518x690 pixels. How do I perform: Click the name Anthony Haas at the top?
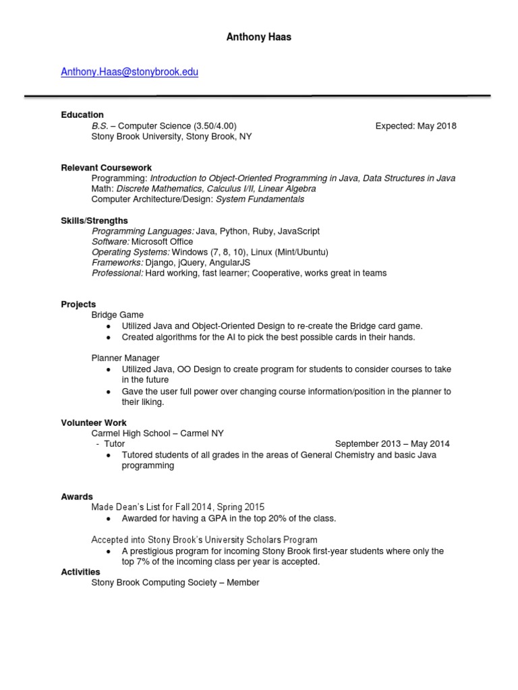click(259, 37)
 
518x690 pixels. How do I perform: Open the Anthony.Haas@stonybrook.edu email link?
click(129, 71)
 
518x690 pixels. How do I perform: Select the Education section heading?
click(82, 115)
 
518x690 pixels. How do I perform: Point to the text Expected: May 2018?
click(415, 125)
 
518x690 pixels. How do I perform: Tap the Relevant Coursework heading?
click(106, 167)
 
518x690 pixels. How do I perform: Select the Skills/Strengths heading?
click(94, 220)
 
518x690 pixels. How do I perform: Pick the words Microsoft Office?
click(162, 241)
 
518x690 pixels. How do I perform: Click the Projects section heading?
click(78, 304)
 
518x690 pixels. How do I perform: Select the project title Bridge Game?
click(117, 315)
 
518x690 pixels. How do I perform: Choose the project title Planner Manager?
click(125, 358)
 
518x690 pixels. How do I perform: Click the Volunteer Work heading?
click(94, 422)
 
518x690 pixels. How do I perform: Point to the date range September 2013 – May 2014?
click(392, 444)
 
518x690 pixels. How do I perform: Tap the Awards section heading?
click(77, 497)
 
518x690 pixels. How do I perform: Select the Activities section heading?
click(80, 571)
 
